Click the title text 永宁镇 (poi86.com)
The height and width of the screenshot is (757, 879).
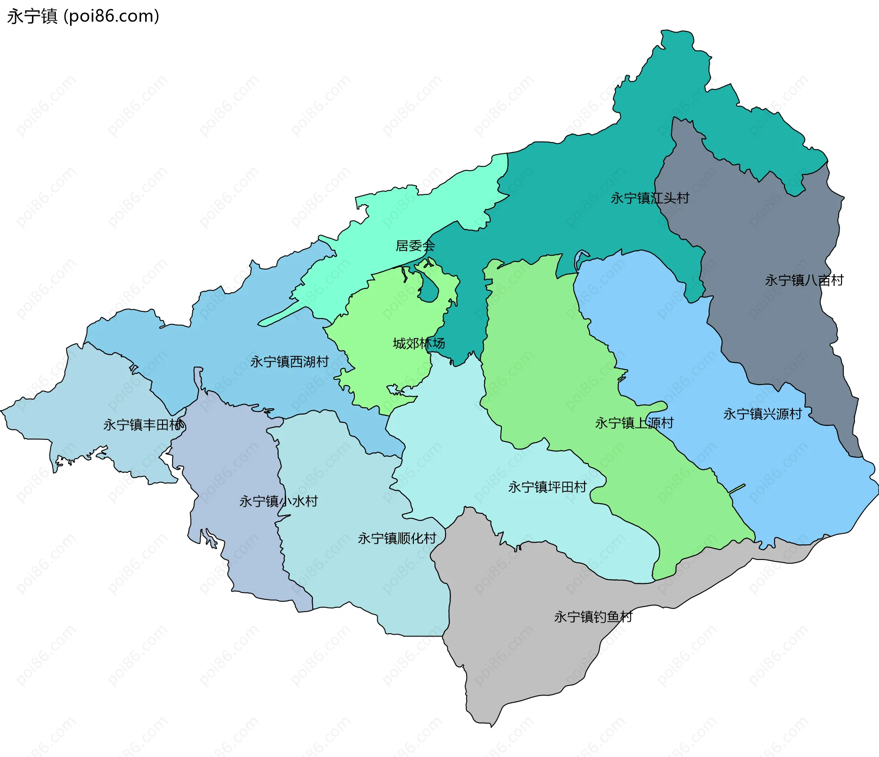pos(83,16)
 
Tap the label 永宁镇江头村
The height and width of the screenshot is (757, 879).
pos(650,198)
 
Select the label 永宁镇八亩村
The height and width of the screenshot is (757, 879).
pos(804,280)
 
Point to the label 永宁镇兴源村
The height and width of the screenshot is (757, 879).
pos(762,414)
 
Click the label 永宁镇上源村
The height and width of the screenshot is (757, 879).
pos(634,422)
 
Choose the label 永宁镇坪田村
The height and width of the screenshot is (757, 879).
pos(547,487)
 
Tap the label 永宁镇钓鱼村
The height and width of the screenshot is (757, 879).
pos(593,617)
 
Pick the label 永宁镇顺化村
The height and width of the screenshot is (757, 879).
pos(397,538)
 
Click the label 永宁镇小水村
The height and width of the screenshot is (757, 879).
pos(278,501)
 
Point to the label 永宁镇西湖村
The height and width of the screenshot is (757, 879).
pos(289,362)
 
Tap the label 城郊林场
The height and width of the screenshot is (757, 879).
pos(418,343)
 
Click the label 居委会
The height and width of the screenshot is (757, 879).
pos(415,246)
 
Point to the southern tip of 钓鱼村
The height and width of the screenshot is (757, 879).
pos(491,725)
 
